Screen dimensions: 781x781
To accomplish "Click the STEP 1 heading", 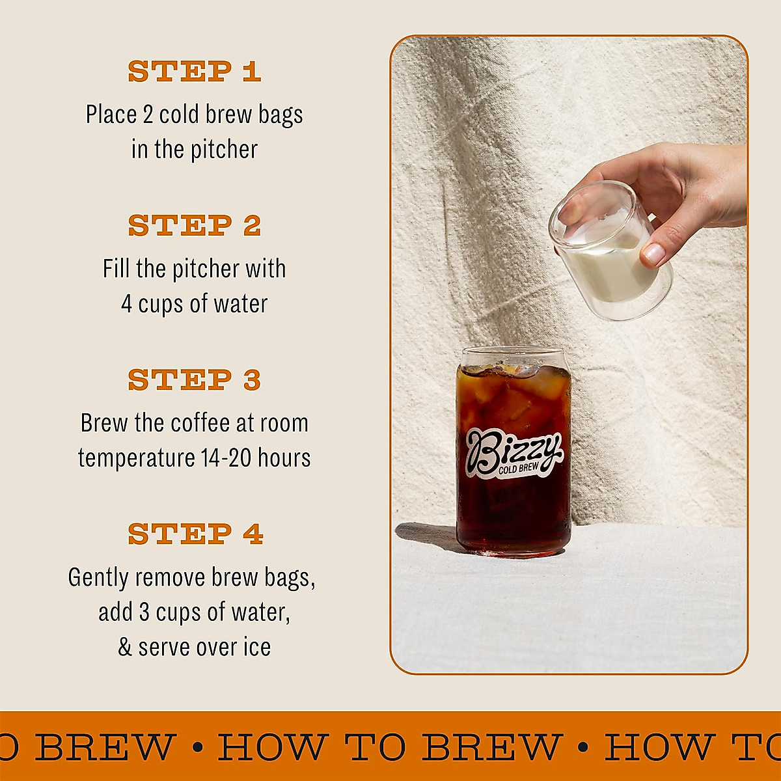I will point(194,72).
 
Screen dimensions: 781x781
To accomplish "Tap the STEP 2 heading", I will point(194,226).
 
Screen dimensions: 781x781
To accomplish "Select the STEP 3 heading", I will point(194,380).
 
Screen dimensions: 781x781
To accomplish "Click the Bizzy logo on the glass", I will point(513,452).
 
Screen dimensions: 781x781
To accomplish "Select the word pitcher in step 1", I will point(224,150).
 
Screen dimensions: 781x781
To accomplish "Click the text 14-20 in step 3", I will point(226,458).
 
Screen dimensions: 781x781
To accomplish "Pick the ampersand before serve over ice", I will point(125,648).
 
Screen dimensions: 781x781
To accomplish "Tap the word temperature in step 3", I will point(136,458).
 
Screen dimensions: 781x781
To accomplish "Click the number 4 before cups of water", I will point(127,304).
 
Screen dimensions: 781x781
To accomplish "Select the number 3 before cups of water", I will point(144,612).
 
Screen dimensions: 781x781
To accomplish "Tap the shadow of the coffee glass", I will point(426,537).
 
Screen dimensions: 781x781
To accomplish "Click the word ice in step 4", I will point(256,648).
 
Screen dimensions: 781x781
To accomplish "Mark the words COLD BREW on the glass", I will point(519,469).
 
